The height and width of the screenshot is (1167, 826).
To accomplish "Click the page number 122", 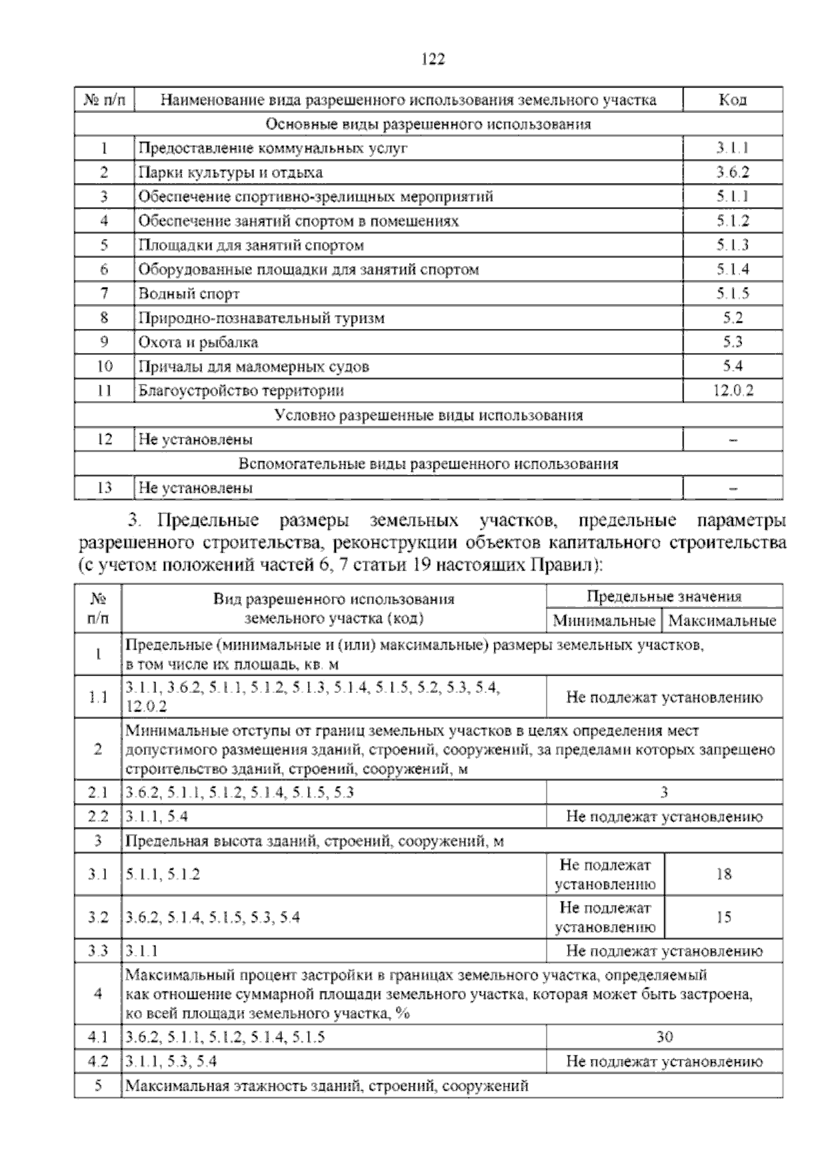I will (433, 59).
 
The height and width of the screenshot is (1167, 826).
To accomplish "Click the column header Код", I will (732, 100).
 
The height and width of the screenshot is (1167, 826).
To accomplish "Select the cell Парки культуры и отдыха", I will (231, 172).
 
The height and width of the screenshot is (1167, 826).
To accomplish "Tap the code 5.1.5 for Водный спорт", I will (732, 294).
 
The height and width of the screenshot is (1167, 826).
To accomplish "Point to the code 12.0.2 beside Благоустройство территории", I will (732, 391).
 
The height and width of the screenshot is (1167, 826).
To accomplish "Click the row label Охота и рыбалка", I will (198, 342).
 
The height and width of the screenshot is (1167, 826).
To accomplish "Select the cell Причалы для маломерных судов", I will (254, 367).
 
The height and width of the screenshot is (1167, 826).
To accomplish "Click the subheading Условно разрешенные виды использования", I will (428, 415).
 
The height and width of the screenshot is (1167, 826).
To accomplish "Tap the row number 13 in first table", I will (105, 488).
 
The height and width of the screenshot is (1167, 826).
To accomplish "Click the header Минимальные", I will (604, 621).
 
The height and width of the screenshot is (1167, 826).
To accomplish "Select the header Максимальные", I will (722, 621).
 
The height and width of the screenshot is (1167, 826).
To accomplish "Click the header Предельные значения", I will (664, 597).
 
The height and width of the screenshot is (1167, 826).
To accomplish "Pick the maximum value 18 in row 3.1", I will (723, 875).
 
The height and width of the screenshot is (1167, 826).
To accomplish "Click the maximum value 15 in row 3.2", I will (723, 917).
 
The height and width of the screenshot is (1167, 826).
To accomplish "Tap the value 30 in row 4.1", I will (664, 1037).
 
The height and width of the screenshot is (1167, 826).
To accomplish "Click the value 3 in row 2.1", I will (664, 792).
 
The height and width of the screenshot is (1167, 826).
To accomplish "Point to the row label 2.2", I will (98, 817).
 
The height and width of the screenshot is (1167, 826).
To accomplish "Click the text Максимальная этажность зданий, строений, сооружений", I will (328, 1086).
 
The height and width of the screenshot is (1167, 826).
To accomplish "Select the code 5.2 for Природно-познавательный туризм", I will (732, 318).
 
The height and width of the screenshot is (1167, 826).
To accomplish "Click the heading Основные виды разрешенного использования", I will (428, 124).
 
